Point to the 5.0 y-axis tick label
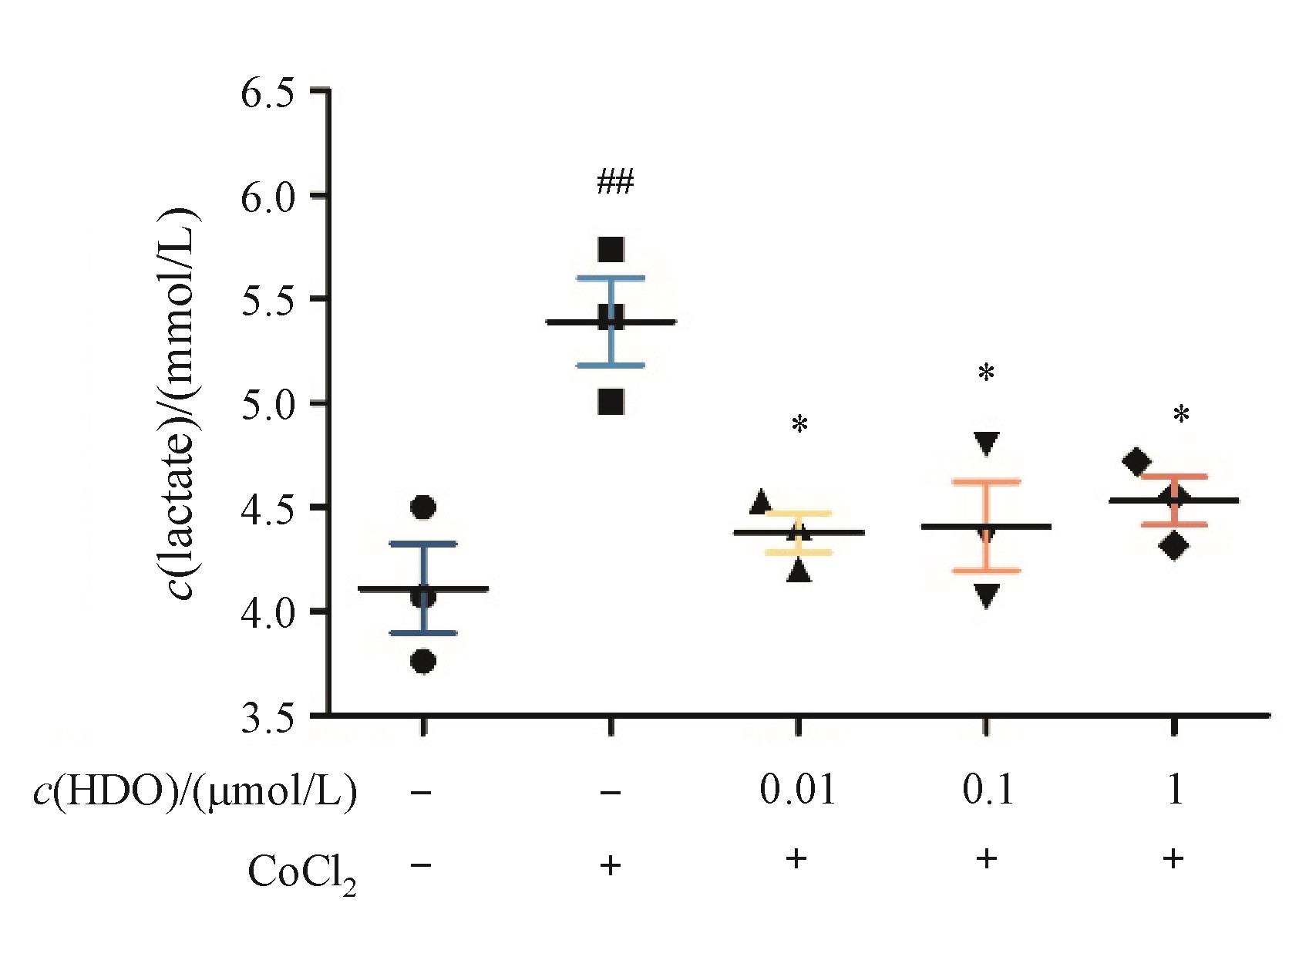coord(268,405)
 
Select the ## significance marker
coord(614,183)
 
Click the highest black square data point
coord(611,250)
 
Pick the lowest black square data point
coord(611,402)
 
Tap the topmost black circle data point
coord(423,507)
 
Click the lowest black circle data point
coord(423,662)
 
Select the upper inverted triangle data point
coord(987,443)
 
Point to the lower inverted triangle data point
coord(987,595)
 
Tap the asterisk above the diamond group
coord(1181,416)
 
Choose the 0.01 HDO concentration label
coord(797,791)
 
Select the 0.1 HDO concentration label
coord(988,791)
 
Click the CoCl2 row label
coord(301,875)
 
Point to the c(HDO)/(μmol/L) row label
coord(195,793)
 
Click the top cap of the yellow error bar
coord(798,513)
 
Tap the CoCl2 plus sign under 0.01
coord(796,859)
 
